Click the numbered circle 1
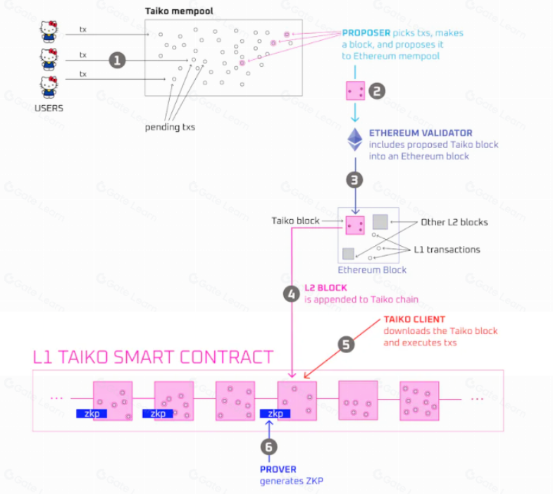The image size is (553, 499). [118, 61]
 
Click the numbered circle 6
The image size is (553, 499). [268, 446]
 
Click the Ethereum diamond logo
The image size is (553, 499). [355, 139]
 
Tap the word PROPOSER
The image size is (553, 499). [366, 33]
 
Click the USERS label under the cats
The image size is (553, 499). [49, 108]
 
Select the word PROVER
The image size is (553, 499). [278, 469]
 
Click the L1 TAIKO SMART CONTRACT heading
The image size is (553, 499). [153, 357]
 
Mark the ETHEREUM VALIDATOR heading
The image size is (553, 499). [421, 133]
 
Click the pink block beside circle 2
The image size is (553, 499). [355, 90]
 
